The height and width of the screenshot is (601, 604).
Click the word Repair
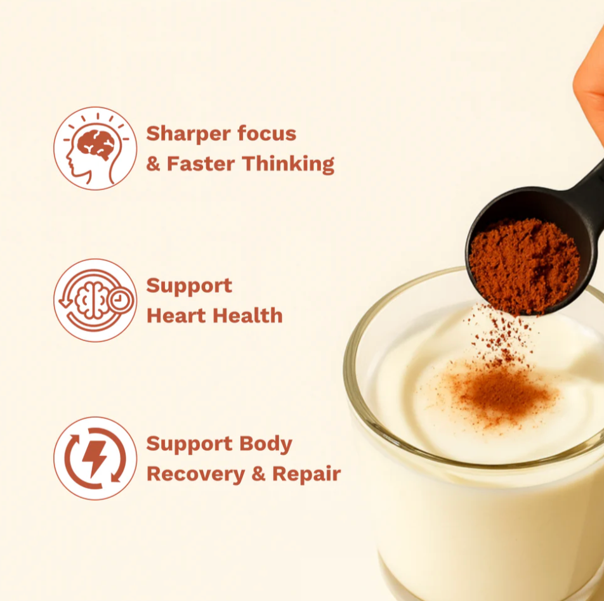[306, 474]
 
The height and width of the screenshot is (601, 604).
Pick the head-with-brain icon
[95, 148]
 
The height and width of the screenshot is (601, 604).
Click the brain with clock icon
[95, 300]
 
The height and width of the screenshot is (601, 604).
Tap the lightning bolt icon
[95, 458]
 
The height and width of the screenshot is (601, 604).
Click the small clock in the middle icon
[120, 300]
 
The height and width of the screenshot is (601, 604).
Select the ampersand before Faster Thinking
[153, 165]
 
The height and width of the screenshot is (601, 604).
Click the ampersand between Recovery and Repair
[258, 474]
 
